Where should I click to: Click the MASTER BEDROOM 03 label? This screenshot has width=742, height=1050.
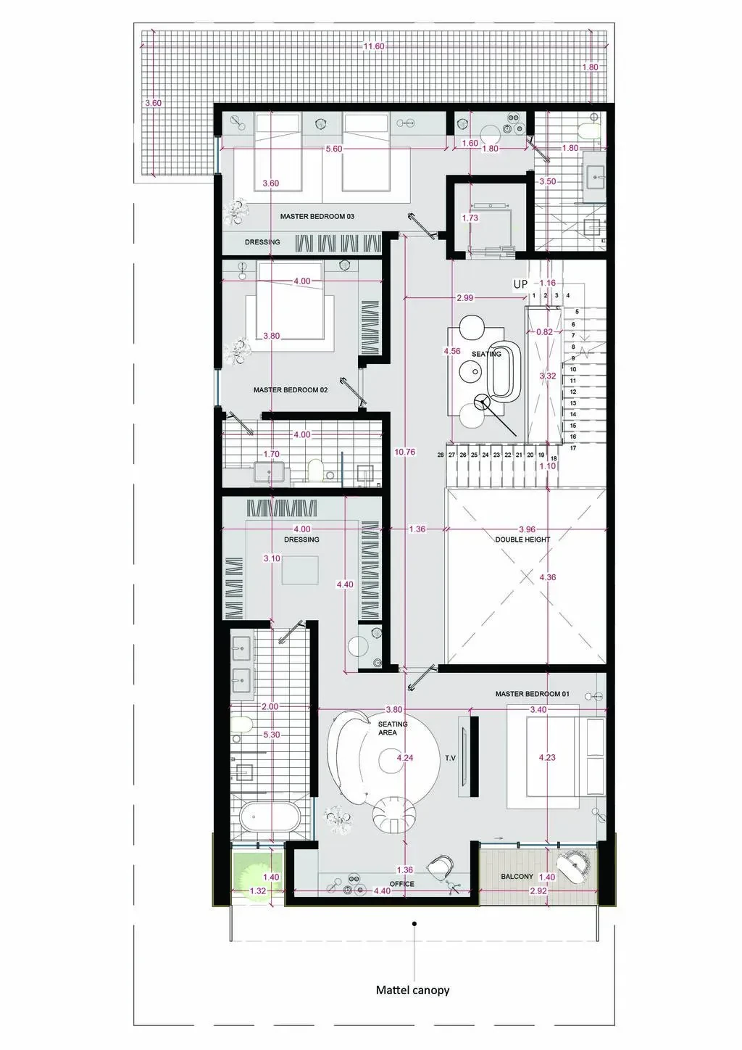(x=317, y=217)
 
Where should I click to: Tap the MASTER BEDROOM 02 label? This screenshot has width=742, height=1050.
(x=291, y=390)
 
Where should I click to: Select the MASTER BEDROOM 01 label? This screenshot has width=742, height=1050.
(x=533, y=694)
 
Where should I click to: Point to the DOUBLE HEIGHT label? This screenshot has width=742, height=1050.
(x=522, y=540)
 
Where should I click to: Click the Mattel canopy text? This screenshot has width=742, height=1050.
(x=413, y=991)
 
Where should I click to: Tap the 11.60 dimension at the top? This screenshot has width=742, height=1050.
(x=374, y=46)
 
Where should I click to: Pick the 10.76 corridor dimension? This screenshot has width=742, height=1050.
(x=405, y=452)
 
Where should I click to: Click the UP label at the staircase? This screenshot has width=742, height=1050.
(x=520, y=284)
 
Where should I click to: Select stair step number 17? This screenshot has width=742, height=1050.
(x=573, y=448)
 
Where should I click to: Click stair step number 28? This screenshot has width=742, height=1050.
(x=441, y=455)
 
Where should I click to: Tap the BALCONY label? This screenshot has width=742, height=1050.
(x=517, y=876)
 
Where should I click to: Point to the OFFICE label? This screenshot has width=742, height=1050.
(x=402, y=884)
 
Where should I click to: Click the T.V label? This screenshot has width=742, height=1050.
(x=450, y=758)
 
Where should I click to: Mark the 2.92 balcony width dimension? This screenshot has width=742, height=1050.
(x=538, y=890)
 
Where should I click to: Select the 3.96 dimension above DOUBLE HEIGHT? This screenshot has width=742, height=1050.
(x=527, y=529)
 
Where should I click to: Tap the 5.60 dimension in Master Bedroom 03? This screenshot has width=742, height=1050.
(x=334, y=149)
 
